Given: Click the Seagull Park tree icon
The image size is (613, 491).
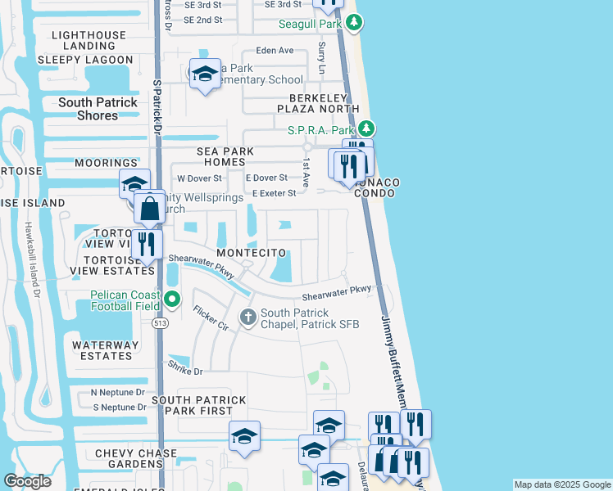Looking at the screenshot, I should [x=353, y=24].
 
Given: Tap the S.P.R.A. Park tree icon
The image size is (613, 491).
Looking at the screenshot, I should [x=367, y=129].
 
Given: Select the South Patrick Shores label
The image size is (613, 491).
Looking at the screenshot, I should [x=99, y=109].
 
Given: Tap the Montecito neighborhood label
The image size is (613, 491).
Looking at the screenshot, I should [x=252, y=255].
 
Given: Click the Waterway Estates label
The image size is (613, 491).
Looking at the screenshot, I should [x=102, y=350].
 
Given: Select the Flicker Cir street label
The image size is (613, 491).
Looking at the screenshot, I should [x=211, y=318].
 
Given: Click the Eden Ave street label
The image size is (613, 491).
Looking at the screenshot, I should [x=275, y=51].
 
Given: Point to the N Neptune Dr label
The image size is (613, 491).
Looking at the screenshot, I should [x=118, y=393].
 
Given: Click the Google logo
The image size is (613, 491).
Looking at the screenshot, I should [x=27, y=481].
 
